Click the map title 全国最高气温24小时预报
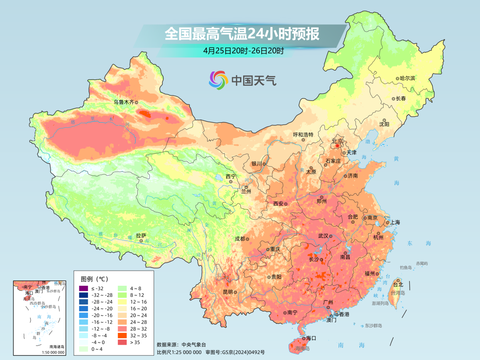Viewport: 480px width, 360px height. click(242, 34)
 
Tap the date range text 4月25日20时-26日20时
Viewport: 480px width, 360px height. click(243, 51)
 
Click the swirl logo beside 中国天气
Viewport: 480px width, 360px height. click(218, 80)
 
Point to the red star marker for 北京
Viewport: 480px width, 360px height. click(338, 145)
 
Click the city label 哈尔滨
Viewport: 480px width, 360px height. click(407, 78)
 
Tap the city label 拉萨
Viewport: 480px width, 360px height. click(141, 236)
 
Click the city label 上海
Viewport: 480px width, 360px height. click(394, 222)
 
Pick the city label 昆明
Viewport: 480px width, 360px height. click(228, 292)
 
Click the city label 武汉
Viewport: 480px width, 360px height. click(324, 236)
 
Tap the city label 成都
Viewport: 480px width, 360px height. click(240, 239)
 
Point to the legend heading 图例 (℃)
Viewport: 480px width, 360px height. click(95, 279)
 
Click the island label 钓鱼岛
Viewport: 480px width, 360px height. click(406, 268)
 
